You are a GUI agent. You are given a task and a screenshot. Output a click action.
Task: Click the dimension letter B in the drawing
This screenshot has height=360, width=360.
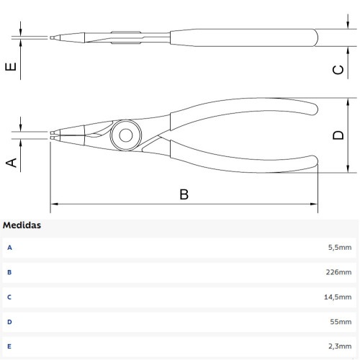tap(184, 194)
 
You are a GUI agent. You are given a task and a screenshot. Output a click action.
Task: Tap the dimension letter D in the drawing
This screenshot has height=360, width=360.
tap(338, 135)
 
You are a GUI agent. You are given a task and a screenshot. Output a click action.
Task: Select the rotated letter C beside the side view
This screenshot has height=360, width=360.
tap(338, 70)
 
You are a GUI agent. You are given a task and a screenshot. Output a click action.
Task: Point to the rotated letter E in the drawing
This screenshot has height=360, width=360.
tap(11, 66)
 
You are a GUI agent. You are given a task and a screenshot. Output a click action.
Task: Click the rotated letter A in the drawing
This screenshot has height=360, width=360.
tap(11, 163)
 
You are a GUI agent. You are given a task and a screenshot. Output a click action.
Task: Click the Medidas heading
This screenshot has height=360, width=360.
tap(22, 225)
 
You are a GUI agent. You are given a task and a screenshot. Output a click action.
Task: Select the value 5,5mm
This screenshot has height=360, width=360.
tap(340, 247)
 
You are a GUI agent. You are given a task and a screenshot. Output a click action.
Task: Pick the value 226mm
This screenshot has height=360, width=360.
tap(338, 272)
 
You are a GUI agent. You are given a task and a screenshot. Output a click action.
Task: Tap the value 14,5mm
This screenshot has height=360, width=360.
tap(338, 297)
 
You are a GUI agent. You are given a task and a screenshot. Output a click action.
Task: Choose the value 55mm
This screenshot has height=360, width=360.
tap(341, 322)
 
